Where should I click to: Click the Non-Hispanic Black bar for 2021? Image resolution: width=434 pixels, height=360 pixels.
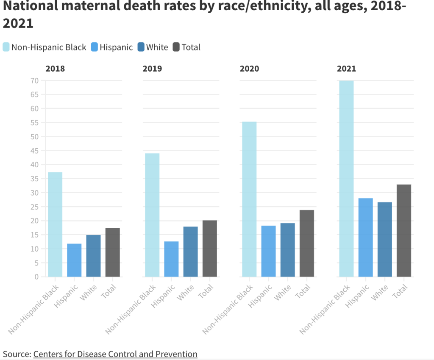[x=346, y=179]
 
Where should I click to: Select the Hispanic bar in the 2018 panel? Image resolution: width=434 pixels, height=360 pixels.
[x=74, y=260]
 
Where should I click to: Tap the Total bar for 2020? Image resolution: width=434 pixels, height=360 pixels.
[x=307, y=244]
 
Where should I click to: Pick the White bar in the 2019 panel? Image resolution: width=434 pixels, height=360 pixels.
[x=190, y=252]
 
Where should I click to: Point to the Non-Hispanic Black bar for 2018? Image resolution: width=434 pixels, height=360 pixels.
[x=55, y=224]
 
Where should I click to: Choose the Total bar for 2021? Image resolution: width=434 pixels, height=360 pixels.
[x=404, y=230]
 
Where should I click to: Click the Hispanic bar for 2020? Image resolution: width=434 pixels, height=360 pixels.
[x=268, y=251]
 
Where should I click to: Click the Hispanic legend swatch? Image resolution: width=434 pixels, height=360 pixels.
[x=95, y=47]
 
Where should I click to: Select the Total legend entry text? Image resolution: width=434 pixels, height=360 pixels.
[x=191, y=47]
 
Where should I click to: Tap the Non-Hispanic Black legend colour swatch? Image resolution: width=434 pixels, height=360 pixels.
[x=6, y=47]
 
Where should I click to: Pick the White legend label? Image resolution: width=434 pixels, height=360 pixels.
[x=157, y=47]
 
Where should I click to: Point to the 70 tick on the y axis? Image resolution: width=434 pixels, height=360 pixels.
[x=35, y=81]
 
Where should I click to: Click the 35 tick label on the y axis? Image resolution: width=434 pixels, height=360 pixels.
[x=35, y=179]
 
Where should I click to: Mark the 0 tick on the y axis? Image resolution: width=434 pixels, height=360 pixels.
[x=36, y=277]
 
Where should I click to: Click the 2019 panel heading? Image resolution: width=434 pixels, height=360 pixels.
[x=152, y=69]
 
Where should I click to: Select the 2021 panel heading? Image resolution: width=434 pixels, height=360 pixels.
[x=346, y=69]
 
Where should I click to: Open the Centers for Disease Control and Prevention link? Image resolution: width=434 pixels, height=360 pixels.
[x=115, y=354]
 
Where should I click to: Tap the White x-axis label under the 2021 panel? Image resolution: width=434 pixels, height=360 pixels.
[x=379, y=293]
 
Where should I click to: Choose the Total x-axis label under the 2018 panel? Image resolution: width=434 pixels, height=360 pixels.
[x=108, y=291]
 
